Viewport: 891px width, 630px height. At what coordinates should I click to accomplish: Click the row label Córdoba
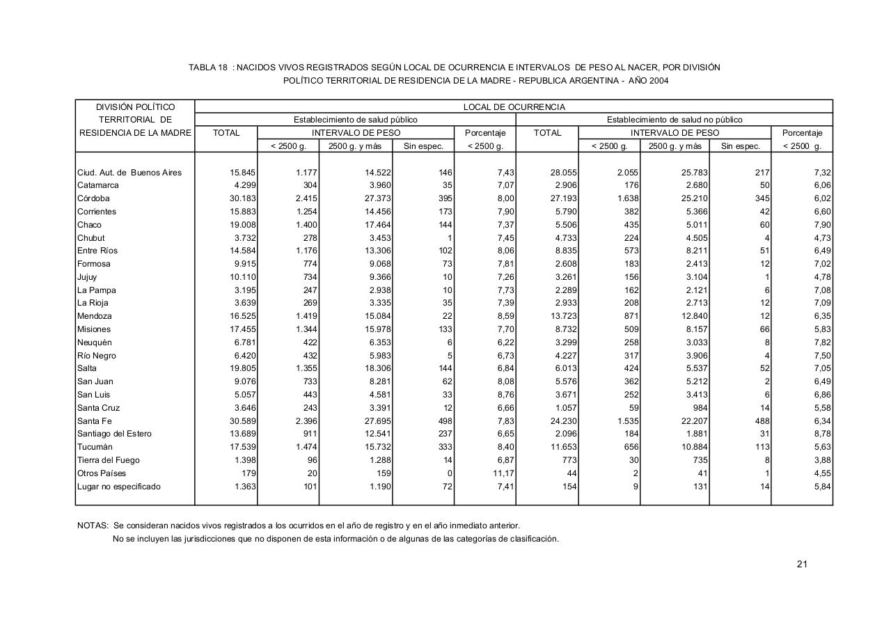(x=93, y=198)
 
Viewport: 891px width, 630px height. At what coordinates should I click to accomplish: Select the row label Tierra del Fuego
(x=109, y=460)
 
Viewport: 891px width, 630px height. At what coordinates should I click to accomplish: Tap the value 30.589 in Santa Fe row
(x=241, y=421)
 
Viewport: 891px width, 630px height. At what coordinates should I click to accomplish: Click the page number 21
(x=802, y=564)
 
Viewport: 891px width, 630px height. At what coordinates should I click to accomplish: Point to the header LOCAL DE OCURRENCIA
(x=514, y=107)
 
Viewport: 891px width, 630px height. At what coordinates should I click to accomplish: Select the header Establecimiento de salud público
(x=355, y=120)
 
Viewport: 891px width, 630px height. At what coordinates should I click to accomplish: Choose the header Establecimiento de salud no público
(x=674, y=120)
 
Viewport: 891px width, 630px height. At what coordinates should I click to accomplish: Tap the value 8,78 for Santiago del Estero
(x=821, y=434)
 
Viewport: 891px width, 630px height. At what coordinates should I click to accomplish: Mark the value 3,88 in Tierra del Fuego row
(x=821, y=460)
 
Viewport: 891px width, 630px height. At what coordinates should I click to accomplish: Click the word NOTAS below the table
(x=92, y=526)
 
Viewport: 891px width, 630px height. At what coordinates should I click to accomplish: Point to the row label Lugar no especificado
(x=119, y=487)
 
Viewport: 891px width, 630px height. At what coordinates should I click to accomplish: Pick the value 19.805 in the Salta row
(x=241, y=368)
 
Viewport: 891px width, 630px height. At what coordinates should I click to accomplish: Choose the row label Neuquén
(x=95, y=342)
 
